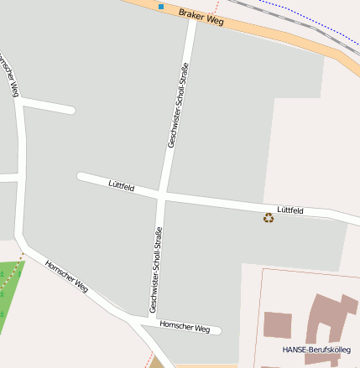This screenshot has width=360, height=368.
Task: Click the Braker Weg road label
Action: click(x=201, y=17)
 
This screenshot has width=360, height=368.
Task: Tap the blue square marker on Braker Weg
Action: click(x=161, y=7)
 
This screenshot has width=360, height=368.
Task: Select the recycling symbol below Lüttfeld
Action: click(x=269, y=218)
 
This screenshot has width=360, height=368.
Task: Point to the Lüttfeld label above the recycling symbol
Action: click(x=290, y=210)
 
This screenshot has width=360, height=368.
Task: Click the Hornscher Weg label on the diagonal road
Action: click(x=67, y=274)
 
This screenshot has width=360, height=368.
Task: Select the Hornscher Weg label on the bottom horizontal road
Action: click(x=184, y=327)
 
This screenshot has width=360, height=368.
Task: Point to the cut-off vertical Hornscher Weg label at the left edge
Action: click(x=8, y=75)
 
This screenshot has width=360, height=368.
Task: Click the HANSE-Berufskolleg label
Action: click(x=316, y=349)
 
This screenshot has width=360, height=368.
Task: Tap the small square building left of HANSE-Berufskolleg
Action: click(x=278, y=324)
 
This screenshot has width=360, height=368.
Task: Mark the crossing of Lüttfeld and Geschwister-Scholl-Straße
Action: click(x=162, y=194)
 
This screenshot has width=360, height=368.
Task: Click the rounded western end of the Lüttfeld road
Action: click(x=81, y=177)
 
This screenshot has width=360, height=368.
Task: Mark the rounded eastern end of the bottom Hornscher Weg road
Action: click(x=217, y=330)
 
